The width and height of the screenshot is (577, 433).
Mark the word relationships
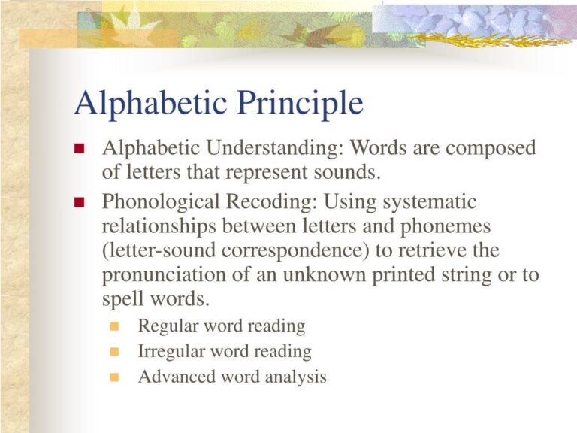point(160,226)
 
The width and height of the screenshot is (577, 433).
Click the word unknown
point(326,275)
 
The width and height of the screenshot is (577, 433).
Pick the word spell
point(120,299)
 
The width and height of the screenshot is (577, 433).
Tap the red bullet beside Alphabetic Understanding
point(80,148)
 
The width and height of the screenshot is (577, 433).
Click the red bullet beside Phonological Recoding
point(80,202)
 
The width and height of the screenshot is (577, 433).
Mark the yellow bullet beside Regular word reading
point(114,326)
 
